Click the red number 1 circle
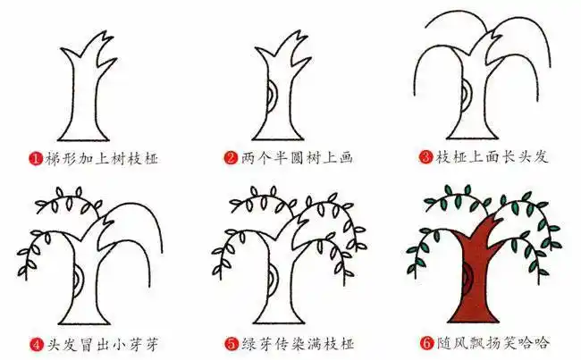[35, 158]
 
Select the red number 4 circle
[36, 343]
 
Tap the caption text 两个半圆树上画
[295, 158]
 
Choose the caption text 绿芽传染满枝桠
[295, 343]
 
